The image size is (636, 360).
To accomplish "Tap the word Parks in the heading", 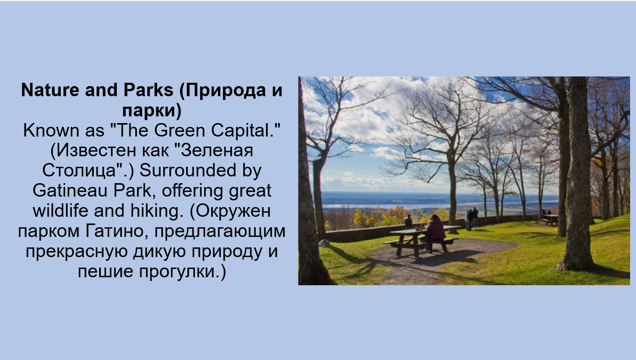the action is point(148,90).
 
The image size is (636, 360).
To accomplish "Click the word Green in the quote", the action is point(179,131).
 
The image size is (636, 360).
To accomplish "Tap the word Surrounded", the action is point(188,171).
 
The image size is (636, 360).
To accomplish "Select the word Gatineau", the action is point(70,191).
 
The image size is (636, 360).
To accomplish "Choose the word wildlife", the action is point(60,211).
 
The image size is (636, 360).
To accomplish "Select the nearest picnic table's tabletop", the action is point(425,229).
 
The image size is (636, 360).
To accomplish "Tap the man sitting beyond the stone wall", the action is point(408,222).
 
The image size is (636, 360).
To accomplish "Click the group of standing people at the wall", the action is point(472,218).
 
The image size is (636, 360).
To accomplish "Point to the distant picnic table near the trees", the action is point(550,219).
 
